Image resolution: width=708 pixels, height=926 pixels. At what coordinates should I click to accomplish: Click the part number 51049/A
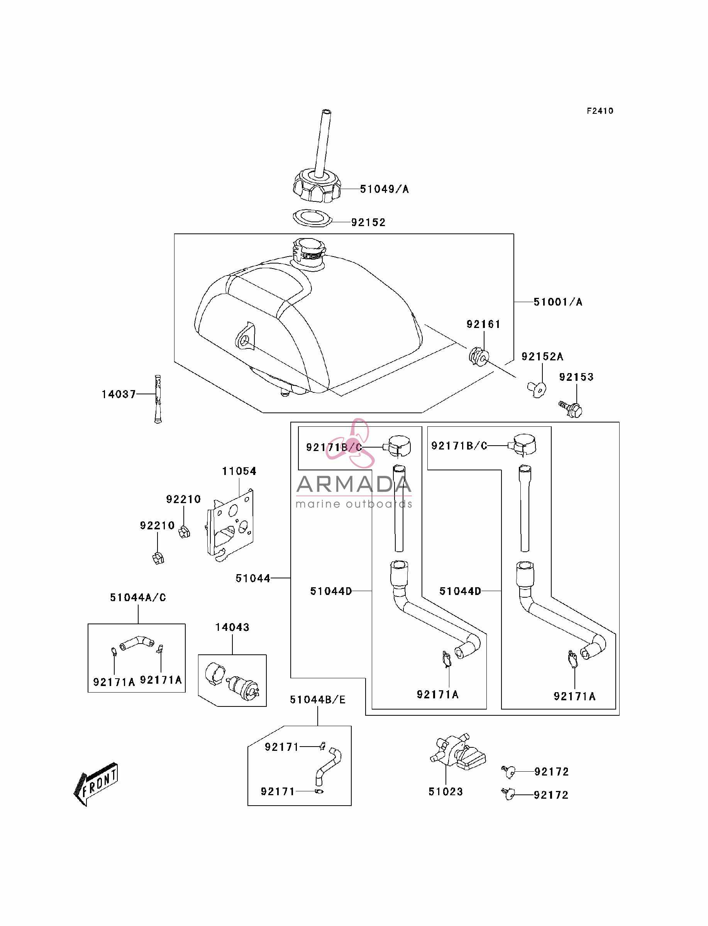coord(384,189)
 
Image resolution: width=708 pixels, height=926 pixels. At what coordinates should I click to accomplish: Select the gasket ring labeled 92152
coord(312,218)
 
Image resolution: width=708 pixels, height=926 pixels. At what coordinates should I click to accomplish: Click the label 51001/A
coord(557,302)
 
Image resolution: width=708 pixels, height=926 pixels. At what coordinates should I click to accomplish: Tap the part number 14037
coord(119,394)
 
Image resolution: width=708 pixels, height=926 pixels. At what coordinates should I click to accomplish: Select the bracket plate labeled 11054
coord(230,525)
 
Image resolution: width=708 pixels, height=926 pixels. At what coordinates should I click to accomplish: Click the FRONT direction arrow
coord(96,784)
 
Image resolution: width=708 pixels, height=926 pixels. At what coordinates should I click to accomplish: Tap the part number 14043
coord(232,627)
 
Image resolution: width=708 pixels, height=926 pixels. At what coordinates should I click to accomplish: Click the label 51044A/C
coord(138,597)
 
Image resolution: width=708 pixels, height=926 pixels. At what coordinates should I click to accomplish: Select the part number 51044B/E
coord(317,700)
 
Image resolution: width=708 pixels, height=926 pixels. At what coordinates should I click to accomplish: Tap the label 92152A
coord(542,356)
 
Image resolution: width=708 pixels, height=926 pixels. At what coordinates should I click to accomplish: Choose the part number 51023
coord(445,792)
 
